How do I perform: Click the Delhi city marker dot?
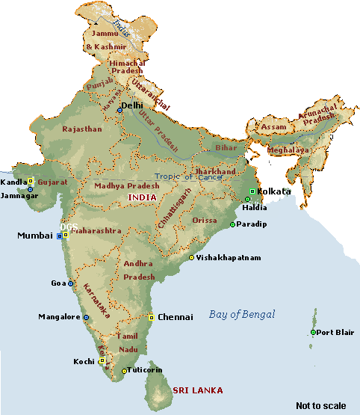(x=120, y=111)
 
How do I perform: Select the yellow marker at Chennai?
(x=152, y=318)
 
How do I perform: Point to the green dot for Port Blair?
(x=313, y=333)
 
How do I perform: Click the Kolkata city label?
(x=274, y=191)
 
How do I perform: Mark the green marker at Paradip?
(x=232, y=224)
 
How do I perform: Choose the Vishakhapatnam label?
(x=229, y=257)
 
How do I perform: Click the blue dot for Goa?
(x=71, y=284)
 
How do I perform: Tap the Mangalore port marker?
(x=86, y=318)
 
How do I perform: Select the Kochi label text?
(x=84, y=361)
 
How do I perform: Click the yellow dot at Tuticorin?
(x=124, y=371)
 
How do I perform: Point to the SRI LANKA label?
(x=198, y=390)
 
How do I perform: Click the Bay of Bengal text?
(x=241, y=314)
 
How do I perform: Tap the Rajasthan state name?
(x=82, y=129)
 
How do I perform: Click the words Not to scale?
(x=320, y=405)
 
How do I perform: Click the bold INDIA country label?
(x=143, y=197)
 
